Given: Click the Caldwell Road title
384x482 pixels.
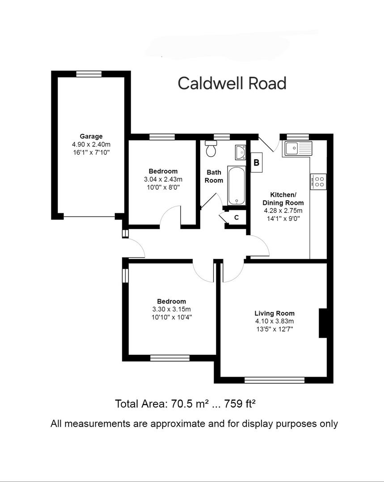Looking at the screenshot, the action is click(232, 83).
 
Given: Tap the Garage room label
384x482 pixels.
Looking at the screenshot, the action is click(91, 136).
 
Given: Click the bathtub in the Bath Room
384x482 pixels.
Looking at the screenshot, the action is click(236, 186).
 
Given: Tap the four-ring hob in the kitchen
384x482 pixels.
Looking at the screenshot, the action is click(318, 182).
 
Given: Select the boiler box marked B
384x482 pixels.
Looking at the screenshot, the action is click(257, 162).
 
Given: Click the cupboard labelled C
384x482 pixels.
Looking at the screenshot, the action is click(236, 217).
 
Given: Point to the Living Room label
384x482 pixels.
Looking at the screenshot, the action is click(274, 313).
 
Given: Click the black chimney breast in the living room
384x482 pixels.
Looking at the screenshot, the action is click(323, 323).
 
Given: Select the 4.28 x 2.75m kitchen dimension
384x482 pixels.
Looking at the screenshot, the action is click(283, 211).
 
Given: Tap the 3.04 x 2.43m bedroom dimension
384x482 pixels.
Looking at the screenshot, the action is click(163, 179).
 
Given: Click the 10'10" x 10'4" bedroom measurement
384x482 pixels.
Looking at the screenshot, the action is click(172, 317).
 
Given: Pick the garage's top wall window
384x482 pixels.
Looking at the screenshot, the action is click(89, 74).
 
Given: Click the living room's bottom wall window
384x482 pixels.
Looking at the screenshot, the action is click(274, 380).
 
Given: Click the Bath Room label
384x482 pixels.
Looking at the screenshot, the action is click(214, 176).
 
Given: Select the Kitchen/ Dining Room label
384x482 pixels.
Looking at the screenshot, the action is click(283, 199).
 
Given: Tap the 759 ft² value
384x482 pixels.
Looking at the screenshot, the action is click(240, 403).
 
